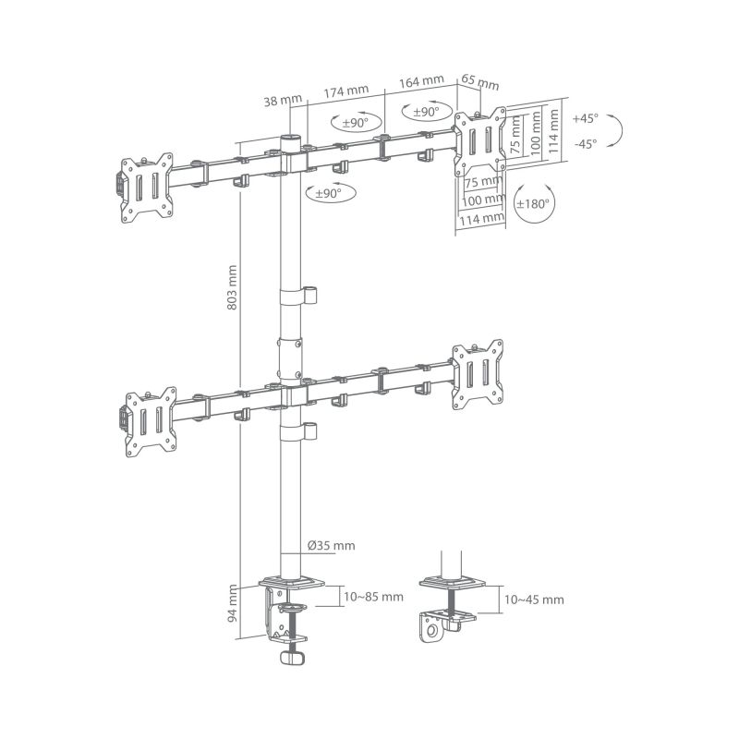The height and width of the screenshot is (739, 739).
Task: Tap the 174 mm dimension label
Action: click(346, 91)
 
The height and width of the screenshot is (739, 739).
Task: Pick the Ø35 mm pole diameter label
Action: click(330, 546)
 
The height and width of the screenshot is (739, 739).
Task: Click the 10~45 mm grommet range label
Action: click(534, 600)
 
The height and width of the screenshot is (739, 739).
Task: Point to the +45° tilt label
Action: click(585, 119)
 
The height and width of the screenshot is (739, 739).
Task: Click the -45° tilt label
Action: click(585, 143)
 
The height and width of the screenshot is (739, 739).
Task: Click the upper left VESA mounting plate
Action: click(146, 187)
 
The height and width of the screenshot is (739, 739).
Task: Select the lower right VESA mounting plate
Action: click(479, 373)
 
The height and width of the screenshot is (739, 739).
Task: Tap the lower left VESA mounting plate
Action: click(146, 419)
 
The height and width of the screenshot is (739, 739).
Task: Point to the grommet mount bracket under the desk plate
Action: click(438, 625)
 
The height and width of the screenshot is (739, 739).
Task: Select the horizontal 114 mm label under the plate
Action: click(480, 219)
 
